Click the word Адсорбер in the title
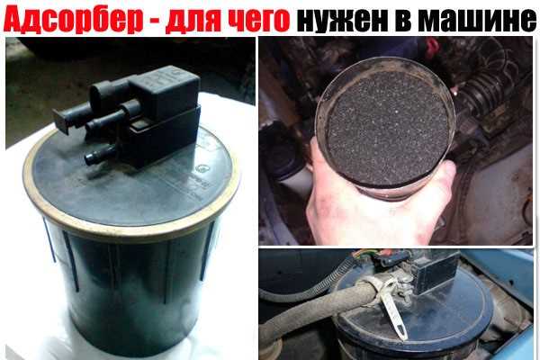click(x=73, y=19)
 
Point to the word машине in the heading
click(x=479, y=20)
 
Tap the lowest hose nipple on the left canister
click(x=99, y=156)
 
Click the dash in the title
click(x=154, y=22)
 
